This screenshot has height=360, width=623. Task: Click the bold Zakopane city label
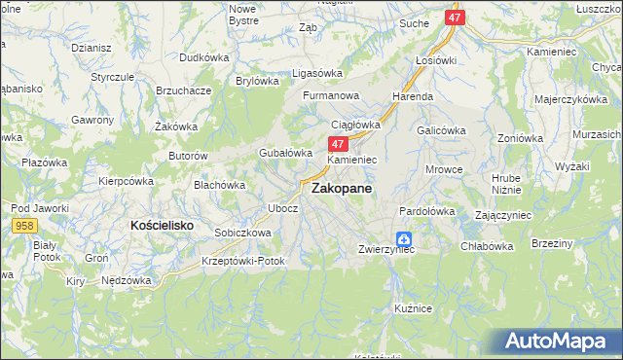(341, 191)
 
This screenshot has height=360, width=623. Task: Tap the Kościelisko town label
(163, 225)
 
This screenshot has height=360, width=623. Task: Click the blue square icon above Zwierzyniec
(404, 238)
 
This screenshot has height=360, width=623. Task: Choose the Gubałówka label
(284, 153)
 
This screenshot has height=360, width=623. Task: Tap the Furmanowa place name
(331, 96)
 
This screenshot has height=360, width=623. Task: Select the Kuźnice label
(413, 307)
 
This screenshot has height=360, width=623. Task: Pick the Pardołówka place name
(427, 211)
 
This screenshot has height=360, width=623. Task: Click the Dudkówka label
(203, 57)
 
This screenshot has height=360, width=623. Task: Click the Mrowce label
(444, 169)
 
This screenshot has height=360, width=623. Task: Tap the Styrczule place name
(112, 76)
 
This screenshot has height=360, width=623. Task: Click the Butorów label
(189, 156)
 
